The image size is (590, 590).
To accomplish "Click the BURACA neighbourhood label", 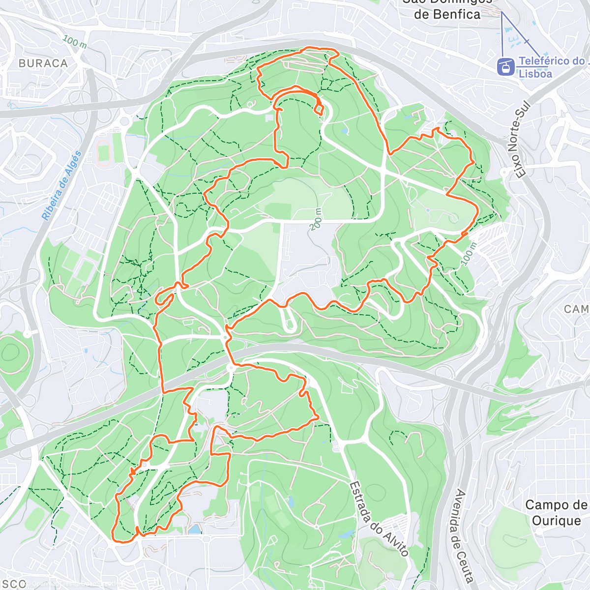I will click(x=43, y=63).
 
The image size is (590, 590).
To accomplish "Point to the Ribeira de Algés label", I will click(x=61, y=186).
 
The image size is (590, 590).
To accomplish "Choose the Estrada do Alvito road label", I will click(x=379, y=519).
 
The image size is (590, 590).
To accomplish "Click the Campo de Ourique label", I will click(x=556, y=512).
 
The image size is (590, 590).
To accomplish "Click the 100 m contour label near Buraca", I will click(x=75, y=42).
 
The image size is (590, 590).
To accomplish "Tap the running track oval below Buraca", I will click(x=104, y=152).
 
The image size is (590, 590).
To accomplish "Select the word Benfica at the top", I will click(x=447, y=14).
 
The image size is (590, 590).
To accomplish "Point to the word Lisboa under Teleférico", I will click(x=535, y=74).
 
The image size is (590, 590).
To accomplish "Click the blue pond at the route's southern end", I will click(x=195, y=529).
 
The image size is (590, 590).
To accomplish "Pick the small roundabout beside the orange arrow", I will click(x=146, y=465).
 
